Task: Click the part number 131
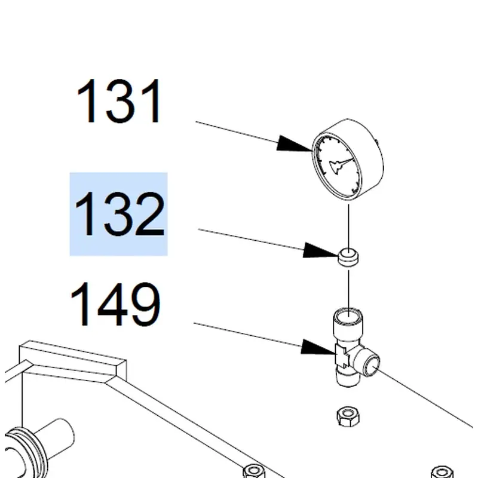tap(119, 101)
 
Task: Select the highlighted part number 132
tap(119, 214)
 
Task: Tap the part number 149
tap(115, 304)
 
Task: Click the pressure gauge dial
tap(348, 160)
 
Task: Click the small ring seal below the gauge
tap(348, 257)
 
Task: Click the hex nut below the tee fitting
tap(348, 416)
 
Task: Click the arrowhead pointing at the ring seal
tap(321, 250)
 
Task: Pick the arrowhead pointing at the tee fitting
tap(318, 347)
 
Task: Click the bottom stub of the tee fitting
tap(348, 378)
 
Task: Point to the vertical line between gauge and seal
tap(348, 226)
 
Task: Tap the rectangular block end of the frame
tap(72, 361)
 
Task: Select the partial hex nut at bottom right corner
tap(442, 471)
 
